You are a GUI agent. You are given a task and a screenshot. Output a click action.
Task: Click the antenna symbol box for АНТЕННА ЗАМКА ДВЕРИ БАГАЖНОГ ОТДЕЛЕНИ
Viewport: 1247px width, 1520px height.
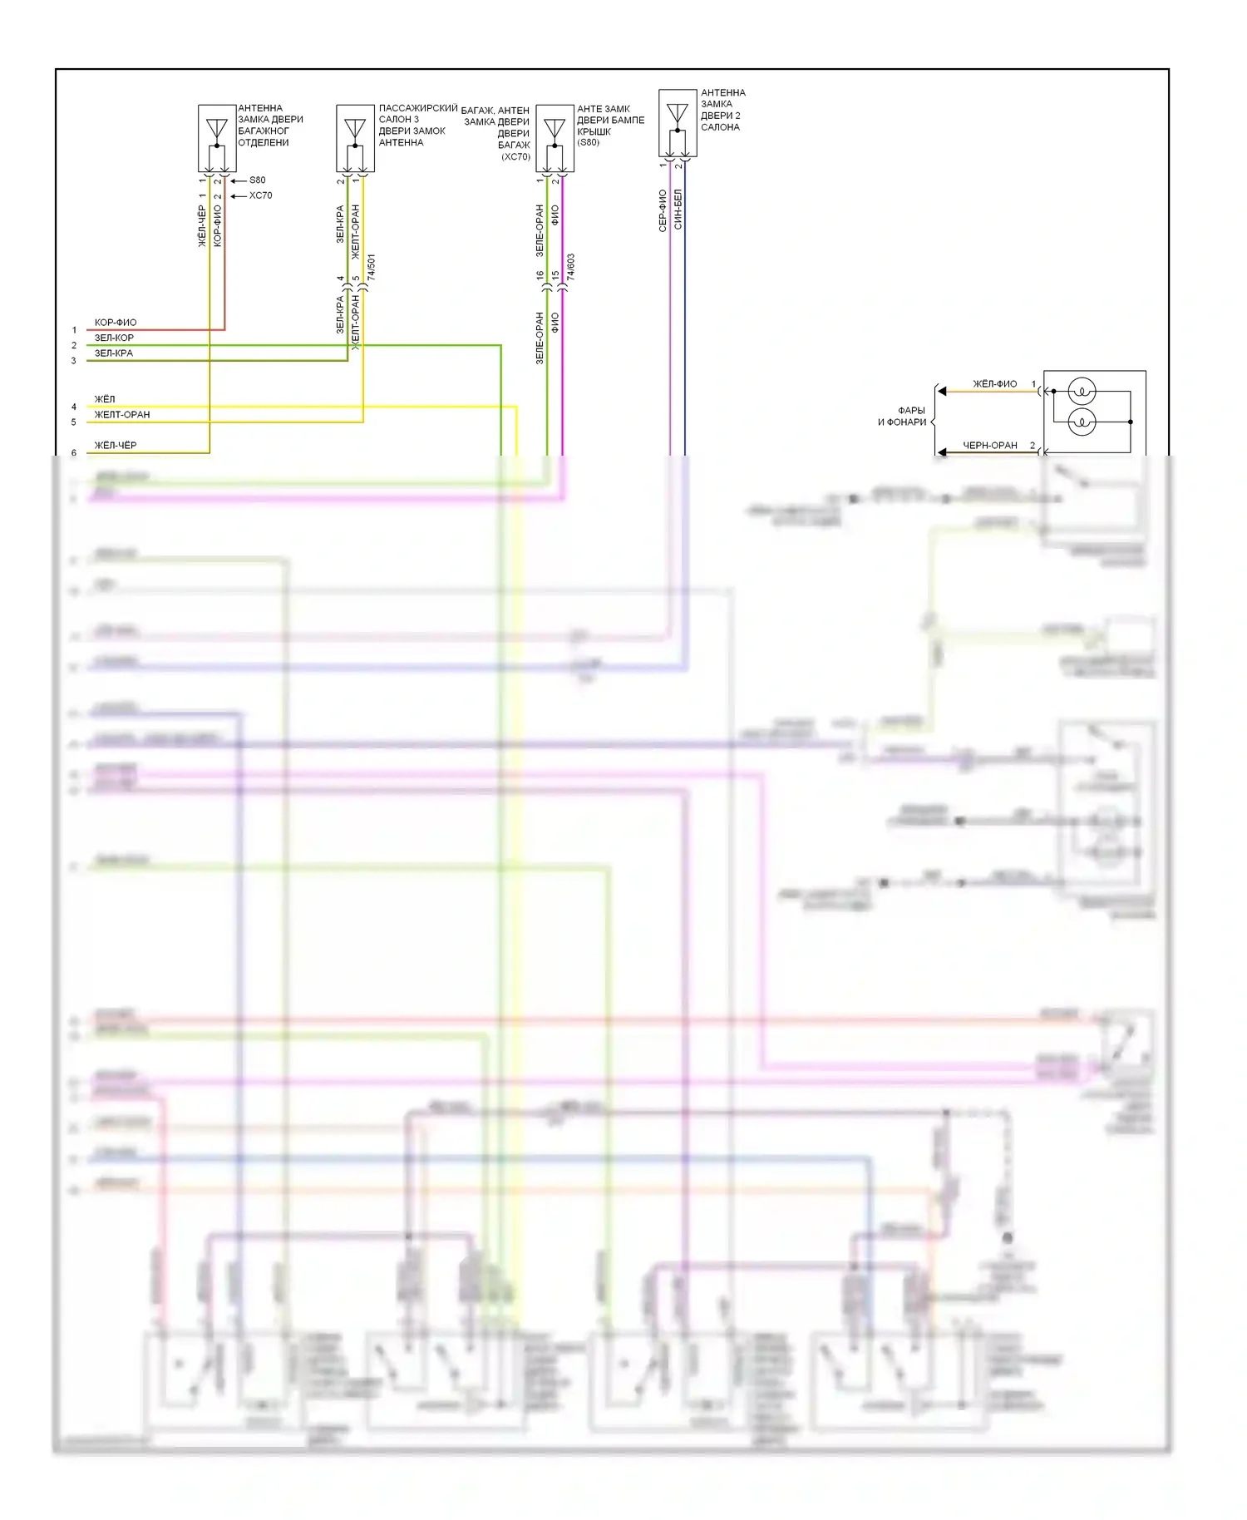pos(216,138)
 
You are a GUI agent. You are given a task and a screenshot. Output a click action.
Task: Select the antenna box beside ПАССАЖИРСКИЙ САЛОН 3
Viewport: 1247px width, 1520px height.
pos(355,138)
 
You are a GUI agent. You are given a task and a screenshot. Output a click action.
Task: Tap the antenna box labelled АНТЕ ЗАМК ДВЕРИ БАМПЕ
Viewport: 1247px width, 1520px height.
pos(554,138)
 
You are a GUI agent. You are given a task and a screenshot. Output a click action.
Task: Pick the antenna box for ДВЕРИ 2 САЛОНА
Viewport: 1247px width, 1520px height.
pos(678,123)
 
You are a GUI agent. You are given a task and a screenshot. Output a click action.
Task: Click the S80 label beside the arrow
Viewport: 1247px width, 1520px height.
pos(258,180)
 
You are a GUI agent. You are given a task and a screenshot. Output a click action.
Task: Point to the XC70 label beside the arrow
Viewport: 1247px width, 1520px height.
pos(260,196)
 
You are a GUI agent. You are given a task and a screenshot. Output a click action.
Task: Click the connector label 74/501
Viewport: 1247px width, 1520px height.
pos(372,267)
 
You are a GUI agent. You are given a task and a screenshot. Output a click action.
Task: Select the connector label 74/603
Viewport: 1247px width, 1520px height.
pos(571,267)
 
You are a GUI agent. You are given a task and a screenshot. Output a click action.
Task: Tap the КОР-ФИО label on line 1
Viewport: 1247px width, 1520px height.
pos(116,323)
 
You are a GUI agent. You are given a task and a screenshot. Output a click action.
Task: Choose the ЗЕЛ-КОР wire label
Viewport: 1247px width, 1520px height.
pos(114,338)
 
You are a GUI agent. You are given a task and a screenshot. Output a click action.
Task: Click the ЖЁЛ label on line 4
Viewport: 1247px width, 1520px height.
pos(105,400)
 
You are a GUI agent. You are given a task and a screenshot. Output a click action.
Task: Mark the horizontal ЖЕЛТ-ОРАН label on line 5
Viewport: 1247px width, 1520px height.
pos(122,415)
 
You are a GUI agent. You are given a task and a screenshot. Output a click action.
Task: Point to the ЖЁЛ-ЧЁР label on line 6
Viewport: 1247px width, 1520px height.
pos(116,446)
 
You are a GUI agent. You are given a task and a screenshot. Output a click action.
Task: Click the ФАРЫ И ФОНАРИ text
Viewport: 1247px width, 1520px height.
pos(903,417)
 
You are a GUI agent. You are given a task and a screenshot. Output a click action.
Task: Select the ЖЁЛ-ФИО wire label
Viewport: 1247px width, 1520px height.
pos(994,384)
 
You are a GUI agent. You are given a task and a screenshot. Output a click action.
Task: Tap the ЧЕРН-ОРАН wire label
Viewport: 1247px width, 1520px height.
pos(990,446)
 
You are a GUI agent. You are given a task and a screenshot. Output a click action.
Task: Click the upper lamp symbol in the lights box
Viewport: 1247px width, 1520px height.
pos(1082,391)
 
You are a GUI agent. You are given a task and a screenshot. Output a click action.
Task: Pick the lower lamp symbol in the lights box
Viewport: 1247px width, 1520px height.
pos(1082,422)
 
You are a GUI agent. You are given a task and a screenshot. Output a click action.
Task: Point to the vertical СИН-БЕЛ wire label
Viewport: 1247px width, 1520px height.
pos(678,210)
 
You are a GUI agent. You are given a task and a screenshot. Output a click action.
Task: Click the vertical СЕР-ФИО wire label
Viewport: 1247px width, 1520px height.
pos(663,211)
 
